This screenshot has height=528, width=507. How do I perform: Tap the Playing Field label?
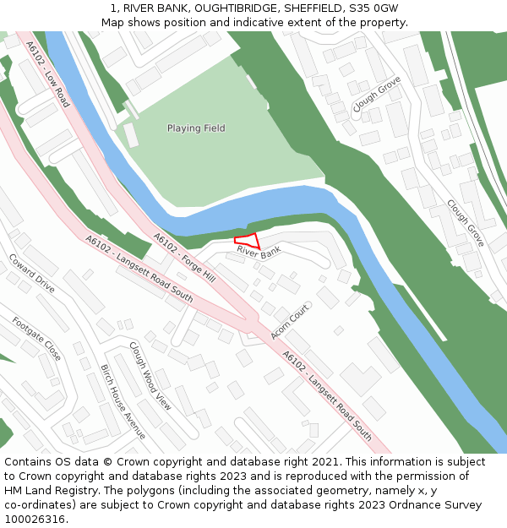pos(196,128)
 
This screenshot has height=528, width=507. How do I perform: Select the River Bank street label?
pos(259,252)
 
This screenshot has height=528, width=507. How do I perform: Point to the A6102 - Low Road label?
pos(47,74)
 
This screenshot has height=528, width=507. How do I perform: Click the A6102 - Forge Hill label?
pos(184,257)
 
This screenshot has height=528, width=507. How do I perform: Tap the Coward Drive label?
pos(32,273)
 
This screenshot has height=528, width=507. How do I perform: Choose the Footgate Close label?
pos(36,338)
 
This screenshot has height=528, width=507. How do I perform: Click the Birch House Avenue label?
pos(123,401)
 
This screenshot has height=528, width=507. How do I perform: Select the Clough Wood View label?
pos(150,376)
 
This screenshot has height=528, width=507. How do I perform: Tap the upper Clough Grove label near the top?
pos(377,94)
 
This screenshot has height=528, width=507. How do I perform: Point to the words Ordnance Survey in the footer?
pos(438,505)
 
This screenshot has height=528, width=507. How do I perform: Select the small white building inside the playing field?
pos(131,135)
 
